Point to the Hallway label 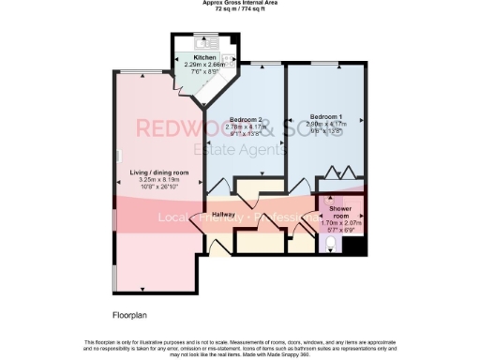223,215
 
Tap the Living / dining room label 159,172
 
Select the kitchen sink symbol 204,43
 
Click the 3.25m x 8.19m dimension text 159,179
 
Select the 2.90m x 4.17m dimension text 328,124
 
